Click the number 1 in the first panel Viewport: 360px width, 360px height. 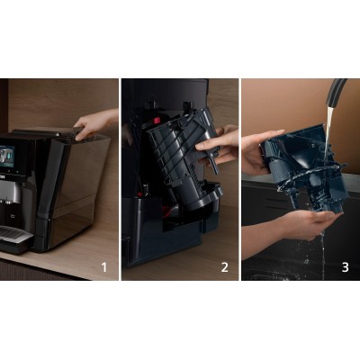103,267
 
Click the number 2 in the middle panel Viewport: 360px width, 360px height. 224,267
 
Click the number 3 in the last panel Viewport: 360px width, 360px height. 345,267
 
